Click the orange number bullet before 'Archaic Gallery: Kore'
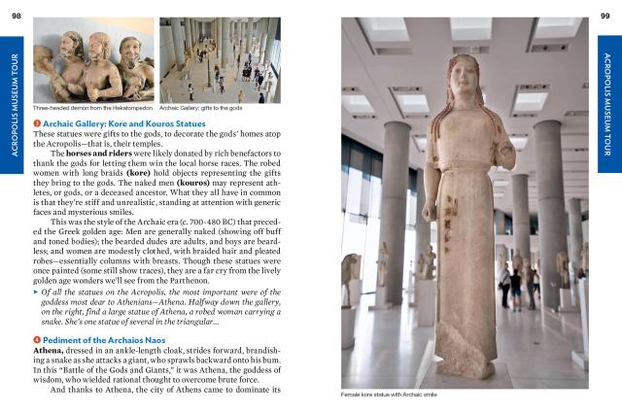click(x=37, y=123)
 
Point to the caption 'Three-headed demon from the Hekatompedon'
click(x=92, y=108)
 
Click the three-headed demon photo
click(x=93, y=60)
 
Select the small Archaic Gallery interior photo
click(x=220, y=60)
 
